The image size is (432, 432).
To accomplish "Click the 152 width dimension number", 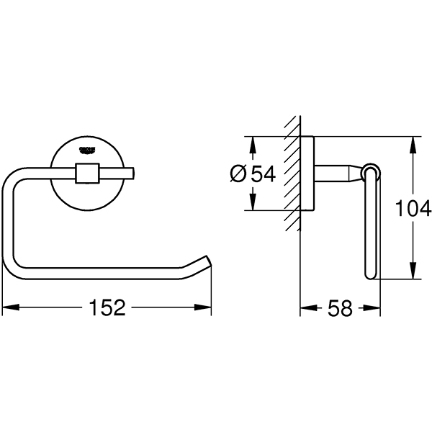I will click(x=107, y=309).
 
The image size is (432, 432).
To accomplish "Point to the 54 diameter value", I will click(x=264, y=174).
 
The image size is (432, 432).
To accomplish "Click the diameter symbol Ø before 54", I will click(x=240, y=174).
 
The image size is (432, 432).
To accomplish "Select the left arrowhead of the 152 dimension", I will click(x=9, y=309).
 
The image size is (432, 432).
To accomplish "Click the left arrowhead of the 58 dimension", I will click(x=305, y=309).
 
